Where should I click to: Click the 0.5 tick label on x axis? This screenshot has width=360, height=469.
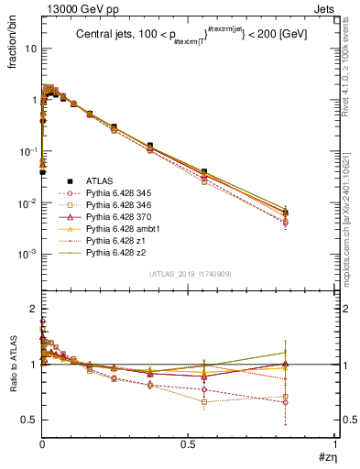pos(188,443)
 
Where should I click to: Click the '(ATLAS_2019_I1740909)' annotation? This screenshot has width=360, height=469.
pos(189,275)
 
